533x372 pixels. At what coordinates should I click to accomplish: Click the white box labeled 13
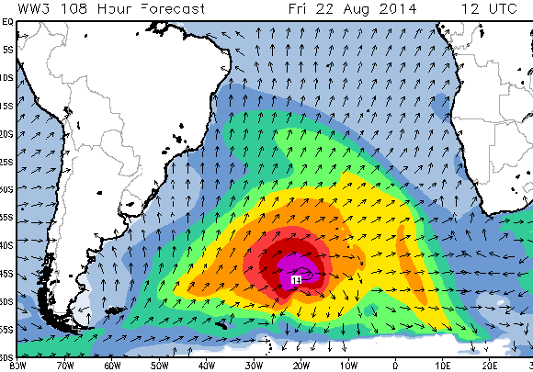pyautogui.click(x=297, y=277)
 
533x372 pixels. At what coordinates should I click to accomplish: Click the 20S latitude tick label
pyautogui.click(x=6, y=133)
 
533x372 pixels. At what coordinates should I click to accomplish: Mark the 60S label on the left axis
pyautogui.click(x=6, y=357)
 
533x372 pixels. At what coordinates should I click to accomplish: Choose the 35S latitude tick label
pyautogui.click(x=6, y=218)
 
